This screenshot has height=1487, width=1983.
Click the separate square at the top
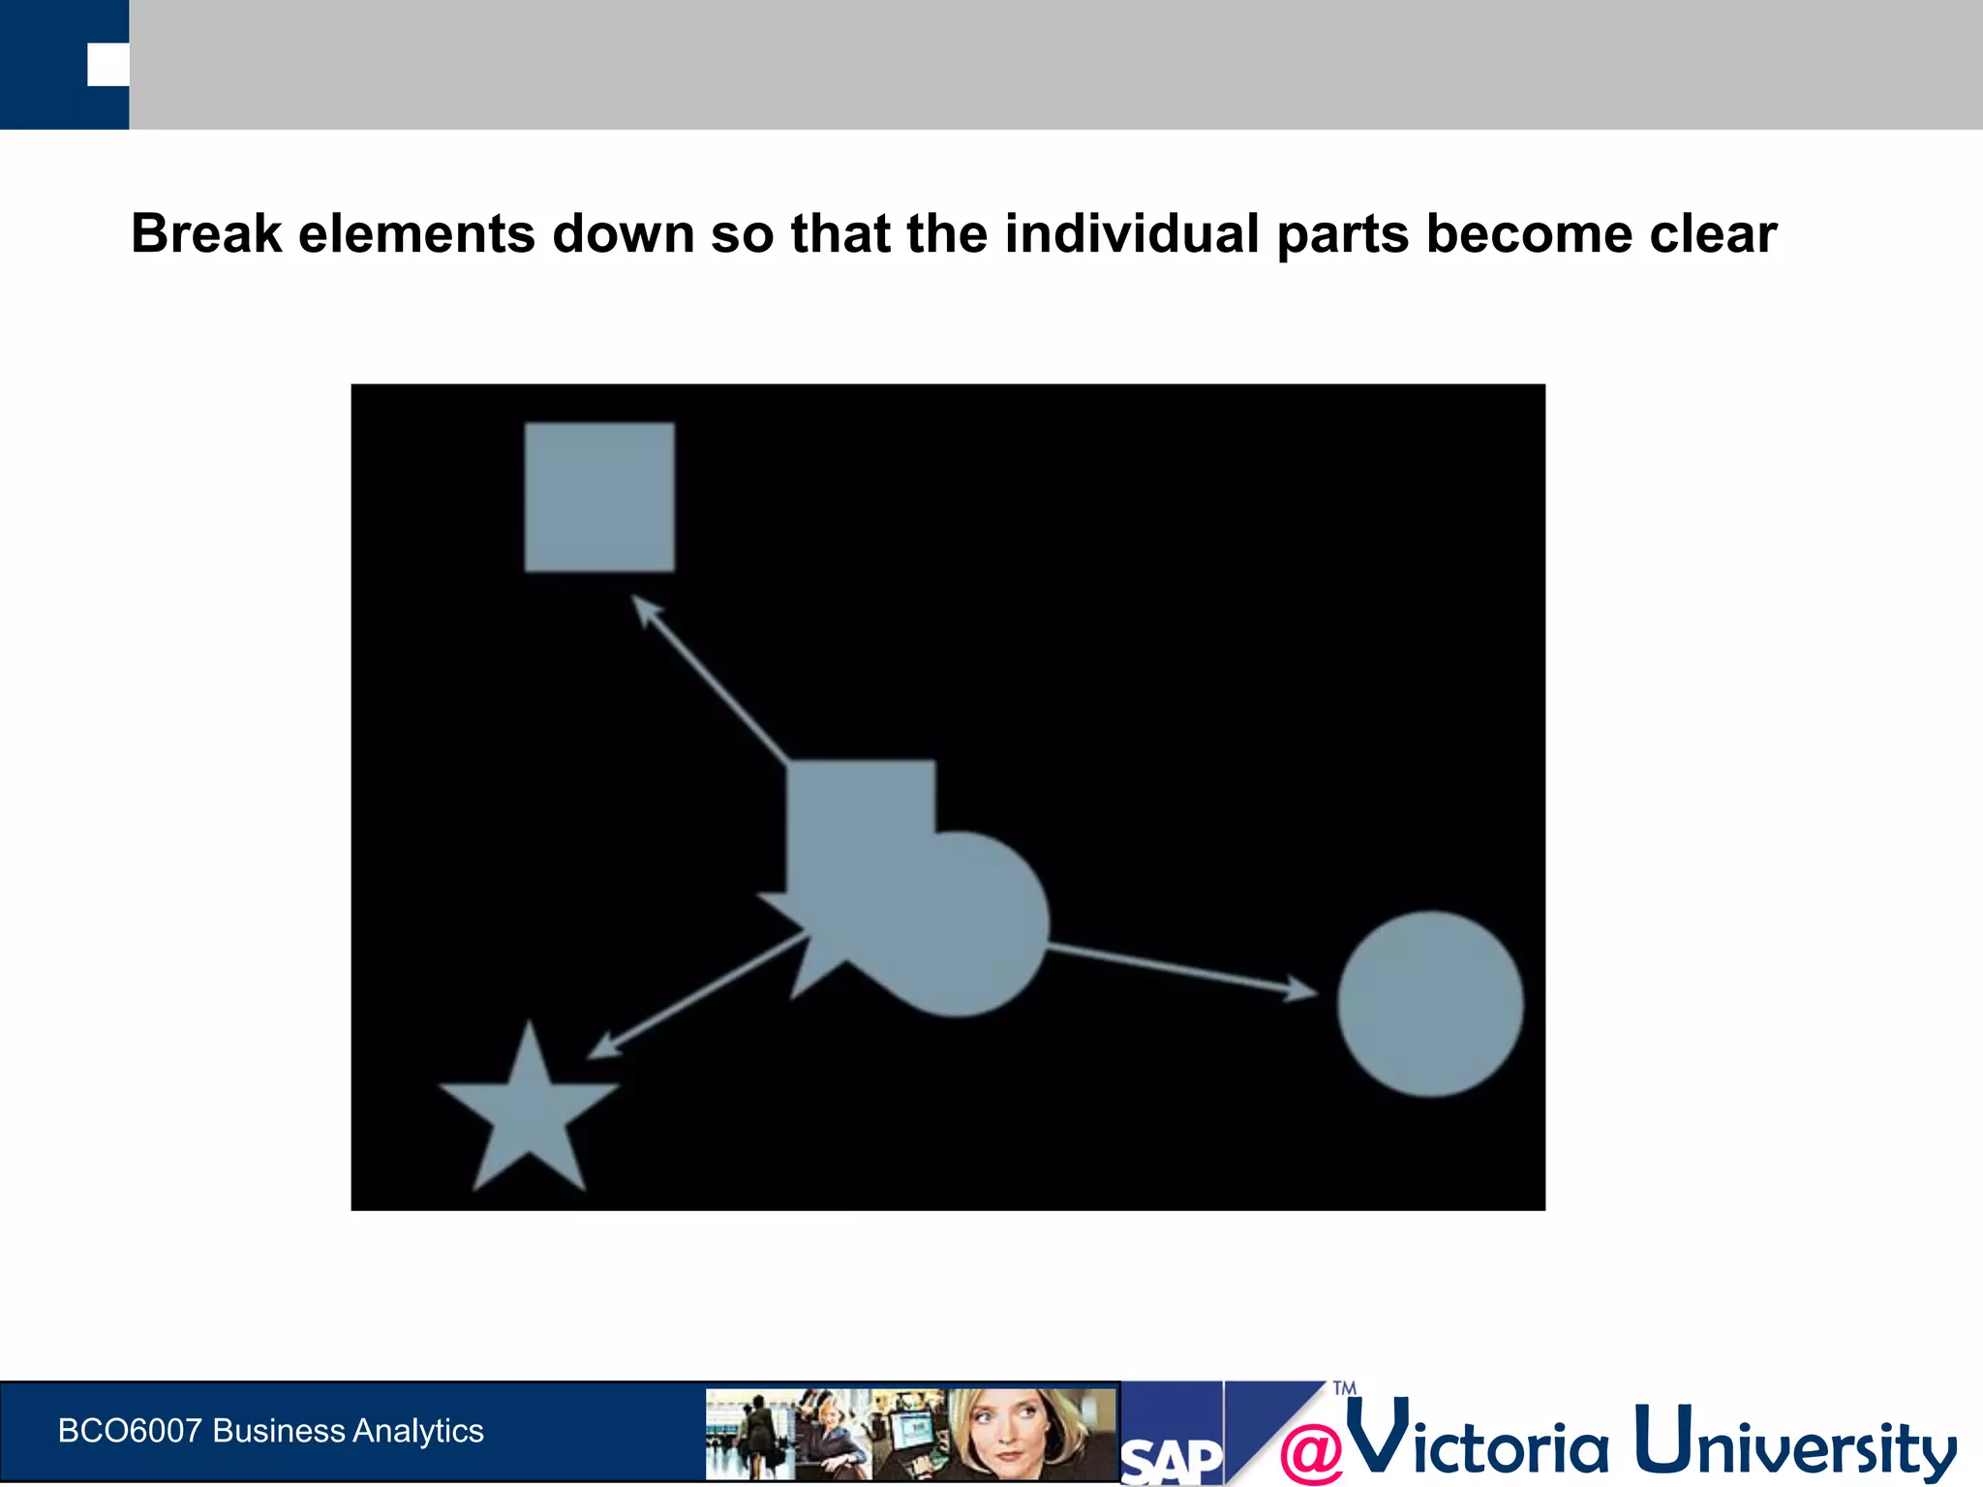(599, 497)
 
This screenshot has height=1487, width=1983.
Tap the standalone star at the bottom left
(529, 1113)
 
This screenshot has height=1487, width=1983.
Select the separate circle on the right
(1430, 1004)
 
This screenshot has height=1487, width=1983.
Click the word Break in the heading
(206, 234)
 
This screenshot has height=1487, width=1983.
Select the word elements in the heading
(416, 234)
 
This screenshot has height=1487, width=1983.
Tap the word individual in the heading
(1131, 234)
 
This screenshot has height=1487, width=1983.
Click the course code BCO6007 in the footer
(130, 1431)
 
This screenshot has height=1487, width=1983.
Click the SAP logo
(1172, 1460)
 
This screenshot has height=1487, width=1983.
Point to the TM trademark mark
(1344, 1388)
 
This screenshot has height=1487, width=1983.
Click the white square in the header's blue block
(107, 65)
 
